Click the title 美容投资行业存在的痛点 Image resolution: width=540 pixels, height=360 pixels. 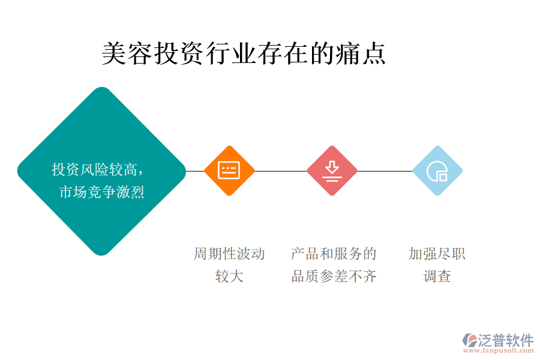tap(244, 53)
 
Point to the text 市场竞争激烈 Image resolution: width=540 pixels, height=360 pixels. tap(102, 192)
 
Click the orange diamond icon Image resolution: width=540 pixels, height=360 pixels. tap(229, 170)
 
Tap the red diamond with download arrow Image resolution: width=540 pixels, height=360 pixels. tap(332, 170)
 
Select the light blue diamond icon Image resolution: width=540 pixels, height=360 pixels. tap(437, 170)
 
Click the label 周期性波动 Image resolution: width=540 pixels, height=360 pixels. tap(229, 254)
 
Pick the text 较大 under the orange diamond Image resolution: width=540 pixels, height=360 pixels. tap(229, 277)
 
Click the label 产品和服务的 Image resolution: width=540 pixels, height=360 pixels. tap(334, 254)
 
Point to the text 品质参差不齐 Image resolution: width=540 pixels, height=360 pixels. tap(334, 277)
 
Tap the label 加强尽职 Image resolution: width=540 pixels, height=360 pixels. tap(437, 254)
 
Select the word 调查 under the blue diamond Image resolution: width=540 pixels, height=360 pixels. tap(437, 277)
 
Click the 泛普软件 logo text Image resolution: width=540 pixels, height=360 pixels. tap(505, 340)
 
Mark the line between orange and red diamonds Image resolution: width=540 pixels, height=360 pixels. tap(280, 171)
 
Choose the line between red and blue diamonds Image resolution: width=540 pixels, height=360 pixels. tap(385, 171)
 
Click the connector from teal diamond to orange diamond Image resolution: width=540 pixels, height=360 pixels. tap(195, 171)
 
